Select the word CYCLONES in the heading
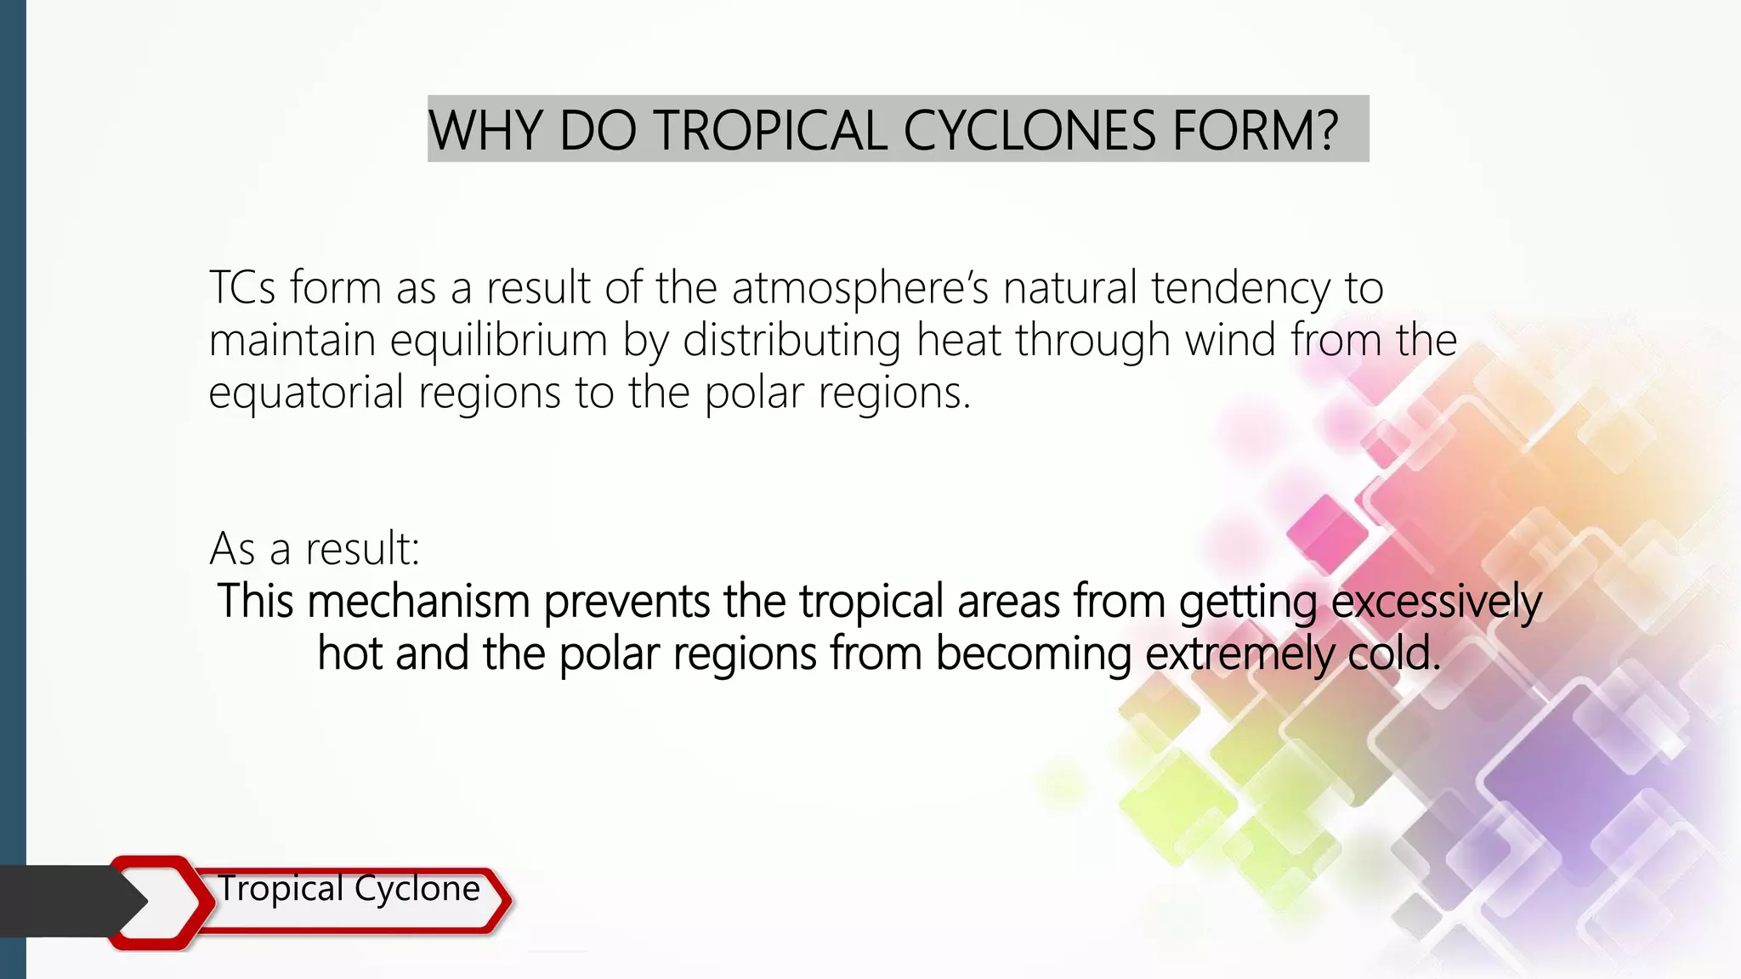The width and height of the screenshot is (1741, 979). (1029, 131)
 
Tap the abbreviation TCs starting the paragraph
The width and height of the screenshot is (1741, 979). (242, 287)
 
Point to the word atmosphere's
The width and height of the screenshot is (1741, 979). (860, 287)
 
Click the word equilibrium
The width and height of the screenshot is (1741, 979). (499, 341)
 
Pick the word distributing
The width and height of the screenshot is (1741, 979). (791, 341)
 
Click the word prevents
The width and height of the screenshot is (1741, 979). (627, 601)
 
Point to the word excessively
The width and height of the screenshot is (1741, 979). (1436, 603)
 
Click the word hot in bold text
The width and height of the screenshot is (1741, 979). (349, 654)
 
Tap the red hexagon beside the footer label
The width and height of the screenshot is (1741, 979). (162, 902)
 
